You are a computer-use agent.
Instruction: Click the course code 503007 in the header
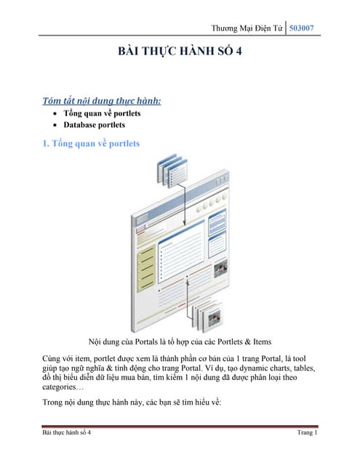click(x=301, y=28)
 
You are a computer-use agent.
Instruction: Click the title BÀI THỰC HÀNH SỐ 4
click(x=180, y=51)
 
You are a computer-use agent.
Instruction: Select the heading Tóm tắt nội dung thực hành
click(x=102, y=101)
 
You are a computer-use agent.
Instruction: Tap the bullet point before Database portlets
click(x=55, y=125)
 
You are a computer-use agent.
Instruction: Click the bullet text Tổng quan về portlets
click(x=102, y=113)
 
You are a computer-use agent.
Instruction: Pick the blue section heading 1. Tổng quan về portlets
click(x=91, y=144)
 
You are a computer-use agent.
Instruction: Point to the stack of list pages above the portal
click(x=172, y=170)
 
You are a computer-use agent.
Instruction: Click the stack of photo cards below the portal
click(x=208, y=315)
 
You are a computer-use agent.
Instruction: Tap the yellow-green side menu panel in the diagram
click(x=146, y=268)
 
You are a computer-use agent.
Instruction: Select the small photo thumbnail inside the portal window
click(x=221, y=268)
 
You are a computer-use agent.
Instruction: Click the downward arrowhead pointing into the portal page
click(x=185, y=223)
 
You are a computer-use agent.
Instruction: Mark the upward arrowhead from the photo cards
click(x=187, y=281)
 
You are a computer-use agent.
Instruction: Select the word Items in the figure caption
click(x=262, y=341)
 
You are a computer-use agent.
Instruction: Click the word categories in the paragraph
click(x=59, y=387)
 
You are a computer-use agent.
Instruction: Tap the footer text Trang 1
click(x=308, y=432)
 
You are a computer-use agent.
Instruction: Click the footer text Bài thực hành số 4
click(x=66, y=432)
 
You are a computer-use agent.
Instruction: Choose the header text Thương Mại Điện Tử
click(x=247, y=28)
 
